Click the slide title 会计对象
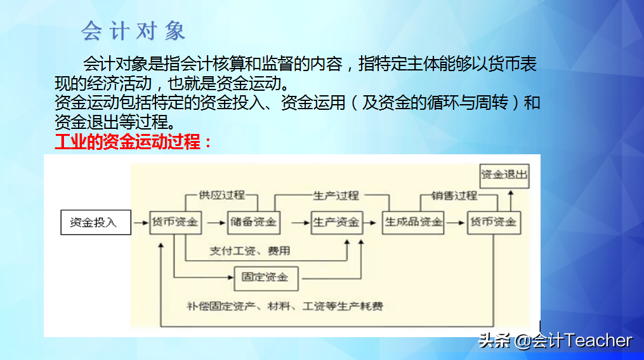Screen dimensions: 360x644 133,30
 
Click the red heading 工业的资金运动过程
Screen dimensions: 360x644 133,141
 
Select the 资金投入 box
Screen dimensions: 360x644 93,223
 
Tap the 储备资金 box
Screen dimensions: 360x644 253,222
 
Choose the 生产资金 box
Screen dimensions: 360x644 336,222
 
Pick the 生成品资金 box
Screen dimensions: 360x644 414,222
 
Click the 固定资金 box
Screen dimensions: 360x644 266,277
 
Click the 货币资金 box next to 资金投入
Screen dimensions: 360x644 175,222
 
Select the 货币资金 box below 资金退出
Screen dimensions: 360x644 492,222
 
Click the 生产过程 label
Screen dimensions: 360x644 336,195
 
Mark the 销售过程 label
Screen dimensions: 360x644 454,195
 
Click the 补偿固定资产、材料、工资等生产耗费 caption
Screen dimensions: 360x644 285,307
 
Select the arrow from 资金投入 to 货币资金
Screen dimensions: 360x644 140,223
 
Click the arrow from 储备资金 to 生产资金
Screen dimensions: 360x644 295,223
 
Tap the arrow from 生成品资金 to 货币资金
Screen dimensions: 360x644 455,222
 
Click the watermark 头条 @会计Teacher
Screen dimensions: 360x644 555,341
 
